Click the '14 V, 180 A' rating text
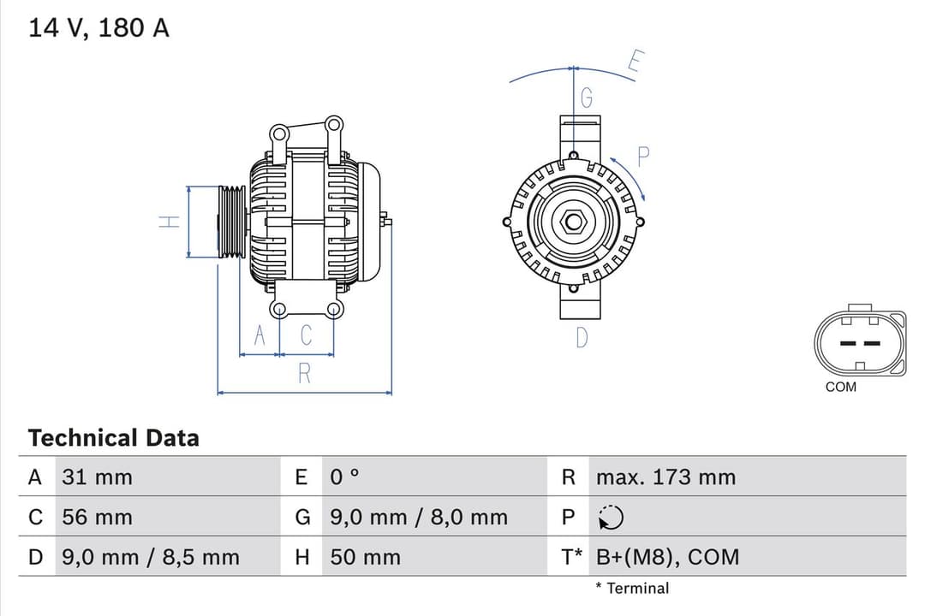point(99,28)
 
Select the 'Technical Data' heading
point(113,438)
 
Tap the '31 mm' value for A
point(97,477)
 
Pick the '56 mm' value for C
point(97,518)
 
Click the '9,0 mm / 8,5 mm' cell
point(151,558)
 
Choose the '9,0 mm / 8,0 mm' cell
point(419,518)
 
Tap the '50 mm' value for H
point(365,558)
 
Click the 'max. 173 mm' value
point(665,477)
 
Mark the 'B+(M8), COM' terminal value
point(666,558)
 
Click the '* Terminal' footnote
point(632,589)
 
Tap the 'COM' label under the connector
point(840,387)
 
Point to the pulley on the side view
point(231,222)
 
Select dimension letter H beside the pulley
point(170,222)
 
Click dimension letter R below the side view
point(304,374)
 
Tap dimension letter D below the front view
point(582,338)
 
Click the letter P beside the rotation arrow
point(644,156)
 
